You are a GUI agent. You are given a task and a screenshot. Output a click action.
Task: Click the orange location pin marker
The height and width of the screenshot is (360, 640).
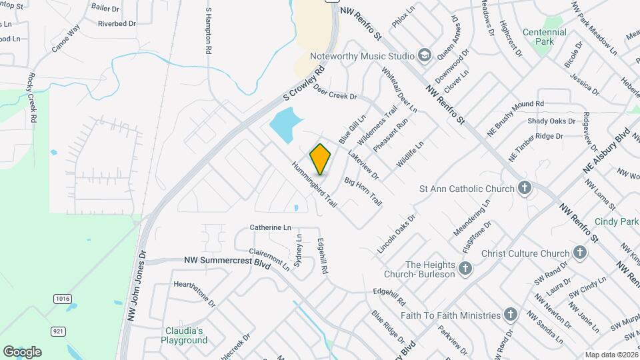click(321, 159)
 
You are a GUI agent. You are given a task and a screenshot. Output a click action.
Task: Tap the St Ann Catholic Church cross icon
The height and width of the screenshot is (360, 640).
click(525, 188)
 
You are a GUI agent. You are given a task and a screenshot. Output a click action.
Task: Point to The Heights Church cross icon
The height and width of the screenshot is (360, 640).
click(465, 268)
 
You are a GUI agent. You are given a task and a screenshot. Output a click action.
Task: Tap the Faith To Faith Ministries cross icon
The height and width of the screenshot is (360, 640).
click(511, 315)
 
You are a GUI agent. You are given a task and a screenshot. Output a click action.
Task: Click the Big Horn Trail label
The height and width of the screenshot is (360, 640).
click(363, 191)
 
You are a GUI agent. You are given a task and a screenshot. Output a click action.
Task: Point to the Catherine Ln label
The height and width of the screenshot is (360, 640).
click(271, 227)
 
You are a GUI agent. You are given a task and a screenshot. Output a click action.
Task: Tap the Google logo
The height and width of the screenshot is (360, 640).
click(22, 351)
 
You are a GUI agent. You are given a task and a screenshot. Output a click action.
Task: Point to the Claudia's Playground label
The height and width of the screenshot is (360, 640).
click(184, 335)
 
